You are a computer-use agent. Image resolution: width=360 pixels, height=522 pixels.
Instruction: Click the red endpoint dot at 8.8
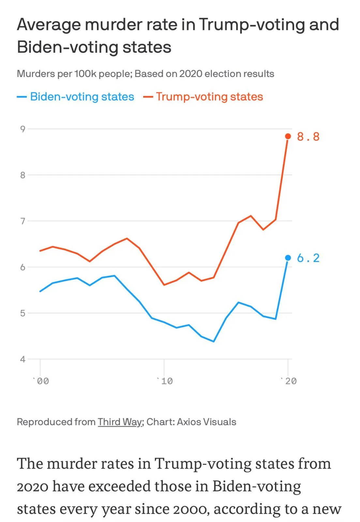tap(288, 136)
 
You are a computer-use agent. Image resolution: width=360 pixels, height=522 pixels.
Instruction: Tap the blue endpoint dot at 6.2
tap(288, 258)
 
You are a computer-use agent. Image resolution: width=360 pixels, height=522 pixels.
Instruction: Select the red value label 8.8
tap(308, 137)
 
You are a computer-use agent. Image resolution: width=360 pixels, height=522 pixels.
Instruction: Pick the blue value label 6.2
tap(308, 258)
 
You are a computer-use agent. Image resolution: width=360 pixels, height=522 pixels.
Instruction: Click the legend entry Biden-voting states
tap(82, 97)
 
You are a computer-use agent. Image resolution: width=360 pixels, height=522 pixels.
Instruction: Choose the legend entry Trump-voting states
tap(209, 97)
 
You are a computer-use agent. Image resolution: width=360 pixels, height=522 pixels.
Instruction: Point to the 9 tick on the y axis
tap(22, 129)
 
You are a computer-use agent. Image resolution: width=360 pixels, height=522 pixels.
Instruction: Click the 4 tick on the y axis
tap(22, 360)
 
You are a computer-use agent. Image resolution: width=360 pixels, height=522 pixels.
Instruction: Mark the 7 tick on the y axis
tap(22, 221)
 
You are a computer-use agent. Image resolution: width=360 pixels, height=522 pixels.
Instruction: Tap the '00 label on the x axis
tap(41, 381)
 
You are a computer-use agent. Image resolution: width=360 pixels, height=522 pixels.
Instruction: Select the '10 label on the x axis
tap(165, 381)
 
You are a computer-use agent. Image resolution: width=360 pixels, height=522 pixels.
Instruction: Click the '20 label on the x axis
tap(289, 381)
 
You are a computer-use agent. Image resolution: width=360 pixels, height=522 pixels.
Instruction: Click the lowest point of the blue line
tap(214, 342)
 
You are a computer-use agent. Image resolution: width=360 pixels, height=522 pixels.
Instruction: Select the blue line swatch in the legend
tap(22, 97)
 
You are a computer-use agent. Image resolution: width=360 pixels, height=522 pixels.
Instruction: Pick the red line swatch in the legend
tap(148, 97)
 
